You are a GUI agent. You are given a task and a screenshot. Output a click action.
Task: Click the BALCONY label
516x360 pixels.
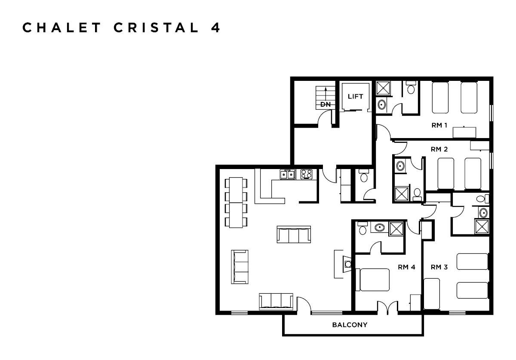tap(350, 325)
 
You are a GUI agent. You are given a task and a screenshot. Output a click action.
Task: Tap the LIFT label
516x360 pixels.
tap(355, 96)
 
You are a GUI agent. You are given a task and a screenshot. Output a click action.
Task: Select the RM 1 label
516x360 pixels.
tap(440, 126)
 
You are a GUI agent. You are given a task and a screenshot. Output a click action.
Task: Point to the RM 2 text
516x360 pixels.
tap(439, 149)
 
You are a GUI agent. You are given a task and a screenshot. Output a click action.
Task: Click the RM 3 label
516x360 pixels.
tap(439, 267)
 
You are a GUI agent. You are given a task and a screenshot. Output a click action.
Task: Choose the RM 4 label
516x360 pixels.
tap(406, 267)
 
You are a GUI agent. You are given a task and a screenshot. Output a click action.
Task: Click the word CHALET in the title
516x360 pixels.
tap(62, 28)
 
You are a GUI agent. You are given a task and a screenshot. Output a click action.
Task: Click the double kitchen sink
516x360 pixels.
tap(288, 174)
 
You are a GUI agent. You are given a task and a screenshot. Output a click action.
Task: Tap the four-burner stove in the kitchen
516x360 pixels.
tap(306, 174)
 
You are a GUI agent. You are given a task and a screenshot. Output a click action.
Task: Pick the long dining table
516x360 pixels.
tap(236, 203)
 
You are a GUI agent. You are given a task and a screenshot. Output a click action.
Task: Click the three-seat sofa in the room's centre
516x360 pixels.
tap(294, 234)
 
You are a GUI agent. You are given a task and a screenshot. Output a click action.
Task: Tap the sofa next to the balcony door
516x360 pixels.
tap(276, 301)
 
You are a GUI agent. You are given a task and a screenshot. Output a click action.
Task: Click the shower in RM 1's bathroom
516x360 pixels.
tap(382, 88)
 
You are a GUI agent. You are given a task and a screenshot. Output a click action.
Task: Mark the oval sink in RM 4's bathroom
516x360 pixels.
tap(379, 228)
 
